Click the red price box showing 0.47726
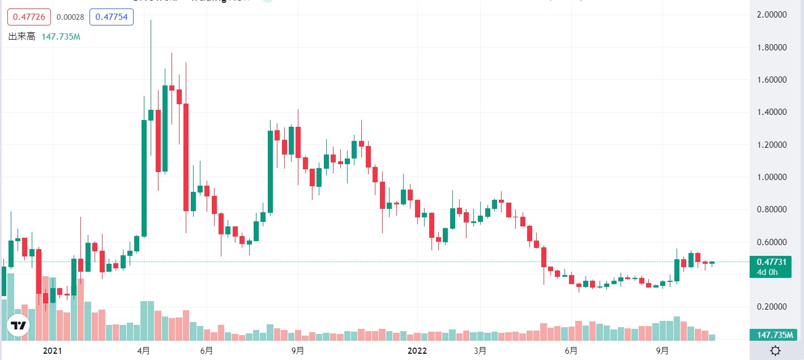(x=29, y=17)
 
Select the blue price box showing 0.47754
(x=114, y=17)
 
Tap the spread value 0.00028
(x=71, y=17)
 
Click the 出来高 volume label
(x=22, y=37)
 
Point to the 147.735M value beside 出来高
(x=61, y=37)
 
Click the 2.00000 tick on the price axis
(x=769, y=15)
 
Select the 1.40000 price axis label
(x=769, y=112)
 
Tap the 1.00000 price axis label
(x=769, y=177)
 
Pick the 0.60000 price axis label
(x=769, y=242)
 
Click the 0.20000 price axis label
(x=769, y=307)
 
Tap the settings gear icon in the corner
(x=776, y=350)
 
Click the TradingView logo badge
(x=18, y=325)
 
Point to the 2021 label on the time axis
(x=52, y=351)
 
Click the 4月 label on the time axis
(x=144, y=351)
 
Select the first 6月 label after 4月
(x=207, y=351)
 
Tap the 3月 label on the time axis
(x=480, y=351)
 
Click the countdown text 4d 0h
(x=767, y=272)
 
